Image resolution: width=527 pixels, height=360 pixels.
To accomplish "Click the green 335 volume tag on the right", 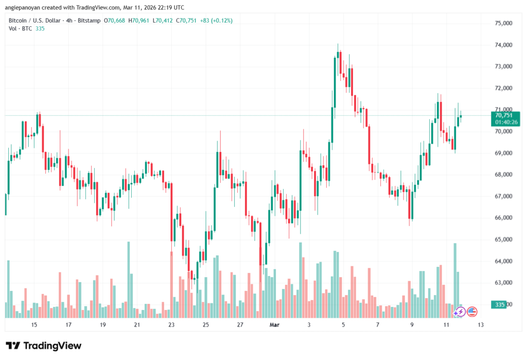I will (499, 304).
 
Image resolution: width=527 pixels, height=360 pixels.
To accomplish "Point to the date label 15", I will (34, 325).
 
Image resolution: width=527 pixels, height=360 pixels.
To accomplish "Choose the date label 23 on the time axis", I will (171, 325).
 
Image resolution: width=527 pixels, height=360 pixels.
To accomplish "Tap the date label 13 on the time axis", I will (480, 325).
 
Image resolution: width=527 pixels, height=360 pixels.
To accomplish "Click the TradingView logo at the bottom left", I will (43, 346).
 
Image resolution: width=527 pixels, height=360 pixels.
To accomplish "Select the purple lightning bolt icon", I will (460, 312).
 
